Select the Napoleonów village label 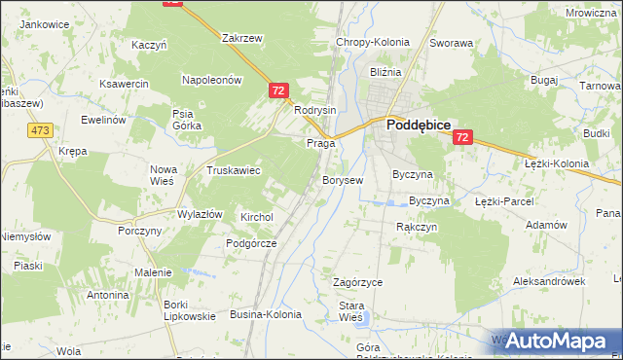[x=210, y=81]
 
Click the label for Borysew [x=343, y=180]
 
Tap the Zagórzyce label [x=357, y=282]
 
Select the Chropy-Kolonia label [x=372, y=43]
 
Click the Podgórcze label [x=251, y=243]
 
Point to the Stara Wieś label [x=350, y=311]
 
